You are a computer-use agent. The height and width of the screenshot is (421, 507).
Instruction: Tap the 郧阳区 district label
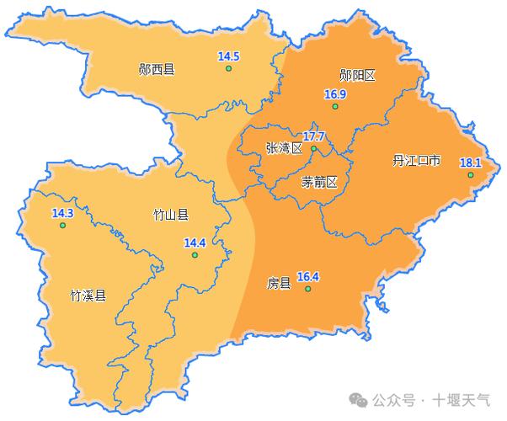coord(357,75)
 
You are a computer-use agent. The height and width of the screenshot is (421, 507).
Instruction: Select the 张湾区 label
coord(283,147)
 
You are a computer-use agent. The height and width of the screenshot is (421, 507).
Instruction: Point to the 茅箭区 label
coord(319,182)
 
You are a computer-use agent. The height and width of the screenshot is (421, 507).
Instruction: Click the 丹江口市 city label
coord(416,160)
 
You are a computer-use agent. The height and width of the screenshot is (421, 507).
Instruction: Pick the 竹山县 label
coord(170,215)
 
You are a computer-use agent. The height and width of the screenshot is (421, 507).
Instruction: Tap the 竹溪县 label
coord(88,296)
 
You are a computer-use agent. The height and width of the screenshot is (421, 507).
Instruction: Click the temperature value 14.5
coord(229,56)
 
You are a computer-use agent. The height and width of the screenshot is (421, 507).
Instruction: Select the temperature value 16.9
coord(335,94)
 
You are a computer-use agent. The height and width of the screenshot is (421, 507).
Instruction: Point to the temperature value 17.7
coord(314,136)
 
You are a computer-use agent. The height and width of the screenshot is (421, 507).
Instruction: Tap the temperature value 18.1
coord(471,163)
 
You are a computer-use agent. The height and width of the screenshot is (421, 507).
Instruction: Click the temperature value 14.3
coord(62,214)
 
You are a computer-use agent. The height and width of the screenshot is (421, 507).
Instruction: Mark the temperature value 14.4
coord(195,243)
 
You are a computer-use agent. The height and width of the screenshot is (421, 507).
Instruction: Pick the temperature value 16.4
coord(308,276)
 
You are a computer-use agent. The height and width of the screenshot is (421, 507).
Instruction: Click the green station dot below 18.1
coord(471,174)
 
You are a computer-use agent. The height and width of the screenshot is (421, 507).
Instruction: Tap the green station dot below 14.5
coord(228,68)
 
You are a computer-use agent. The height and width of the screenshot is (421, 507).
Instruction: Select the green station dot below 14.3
coord(61,226)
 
